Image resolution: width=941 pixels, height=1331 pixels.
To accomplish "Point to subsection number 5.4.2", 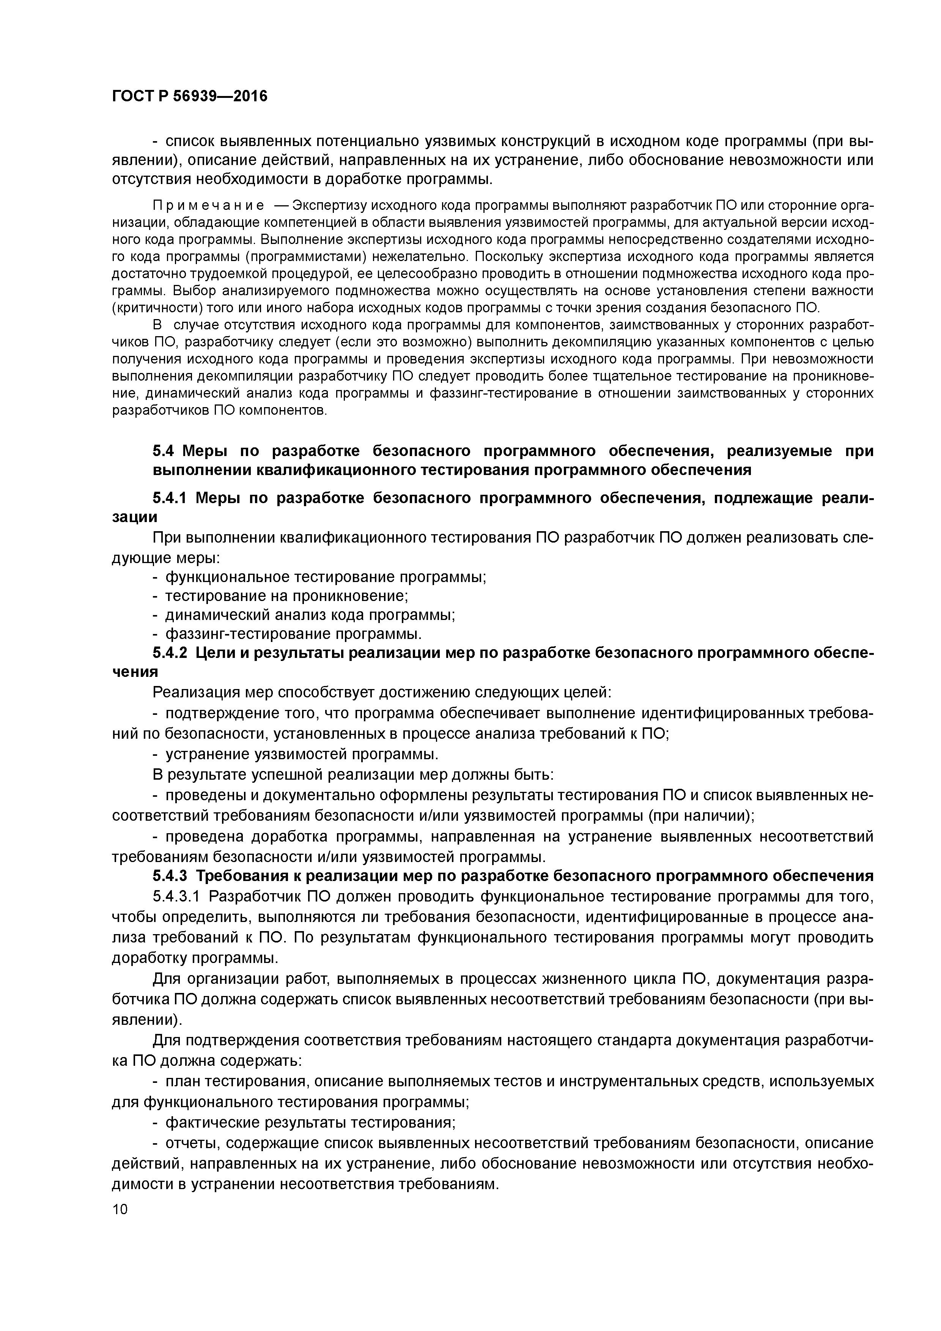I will [170, 653].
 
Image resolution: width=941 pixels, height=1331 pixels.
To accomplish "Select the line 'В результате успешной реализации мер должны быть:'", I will [353, 774].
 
